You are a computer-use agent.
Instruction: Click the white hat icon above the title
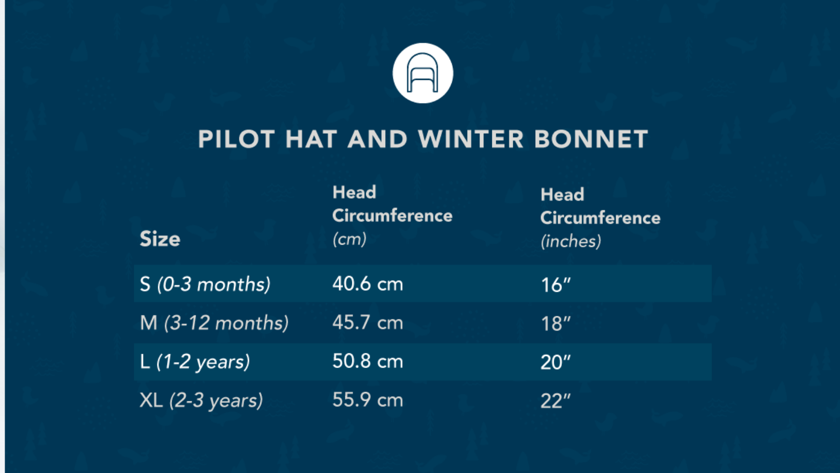423,73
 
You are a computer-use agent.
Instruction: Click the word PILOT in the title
237,139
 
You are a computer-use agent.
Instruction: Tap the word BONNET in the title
591,139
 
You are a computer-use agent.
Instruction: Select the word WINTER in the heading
471,139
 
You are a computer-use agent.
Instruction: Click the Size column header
160,239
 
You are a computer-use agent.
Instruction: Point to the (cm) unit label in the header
349,239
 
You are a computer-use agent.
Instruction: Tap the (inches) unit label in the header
571,241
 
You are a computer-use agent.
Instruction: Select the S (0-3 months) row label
205,284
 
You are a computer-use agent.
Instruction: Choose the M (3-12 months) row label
214,322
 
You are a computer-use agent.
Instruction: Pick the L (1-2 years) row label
195,362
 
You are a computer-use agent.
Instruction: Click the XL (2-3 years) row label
201,400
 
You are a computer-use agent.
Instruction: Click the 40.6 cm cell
368,284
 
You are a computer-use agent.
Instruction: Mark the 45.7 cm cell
368,322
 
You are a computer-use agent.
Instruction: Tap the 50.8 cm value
368,361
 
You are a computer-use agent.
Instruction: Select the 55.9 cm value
368,399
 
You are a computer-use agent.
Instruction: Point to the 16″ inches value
555,285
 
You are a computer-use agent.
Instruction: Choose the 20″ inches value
555,362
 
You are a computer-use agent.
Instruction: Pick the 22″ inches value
555,401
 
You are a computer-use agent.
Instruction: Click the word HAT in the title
311,139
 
